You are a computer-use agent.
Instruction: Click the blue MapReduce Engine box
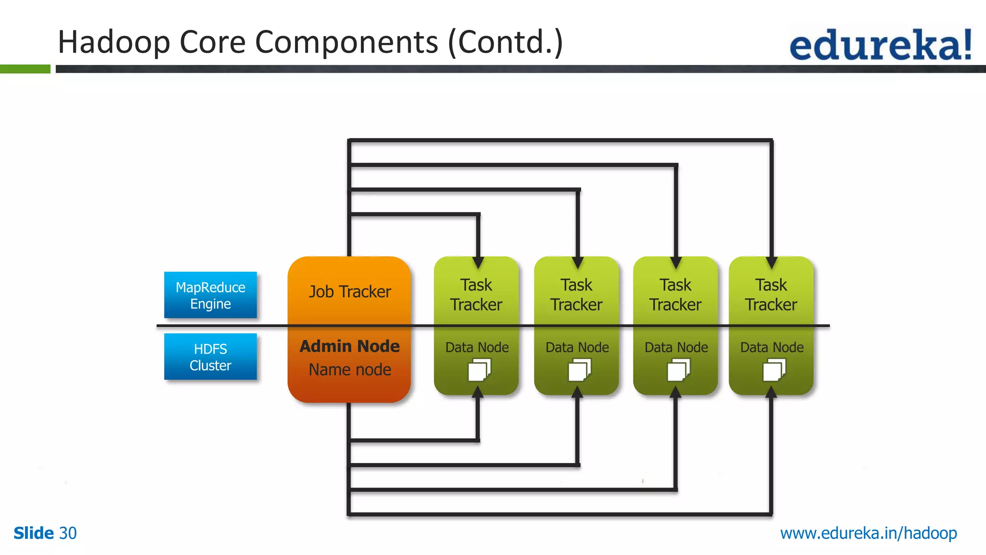(x=210, y=295)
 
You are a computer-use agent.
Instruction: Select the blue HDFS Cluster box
(x=210, y=357)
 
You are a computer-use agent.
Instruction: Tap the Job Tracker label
(x=350, y=291)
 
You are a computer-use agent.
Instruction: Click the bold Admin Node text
(x=350, y=346)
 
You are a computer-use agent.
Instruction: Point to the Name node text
(x=350, y=370)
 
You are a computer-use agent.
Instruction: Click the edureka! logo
(x=880, y=45)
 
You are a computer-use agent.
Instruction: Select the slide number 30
(x=68, y=533)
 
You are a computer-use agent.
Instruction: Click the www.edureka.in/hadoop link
(x=869, y=533)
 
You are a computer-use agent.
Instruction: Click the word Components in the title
(x=346, y=42)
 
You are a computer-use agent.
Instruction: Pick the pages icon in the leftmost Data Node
(x=479, y=370)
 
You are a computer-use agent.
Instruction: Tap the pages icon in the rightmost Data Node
(x=774, y=370)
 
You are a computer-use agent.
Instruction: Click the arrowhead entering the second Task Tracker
(x=578, y=263)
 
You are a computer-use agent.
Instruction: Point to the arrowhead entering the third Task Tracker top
(x=676, y=263)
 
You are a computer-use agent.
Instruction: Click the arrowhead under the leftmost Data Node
(x=478, y=392)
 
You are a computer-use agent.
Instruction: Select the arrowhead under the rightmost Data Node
(x=771, y=392)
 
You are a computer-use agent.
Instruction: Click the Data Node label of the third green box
(x=676, y=347)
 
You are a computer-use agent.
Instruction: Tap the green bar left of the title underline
(x=25, y=69)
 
